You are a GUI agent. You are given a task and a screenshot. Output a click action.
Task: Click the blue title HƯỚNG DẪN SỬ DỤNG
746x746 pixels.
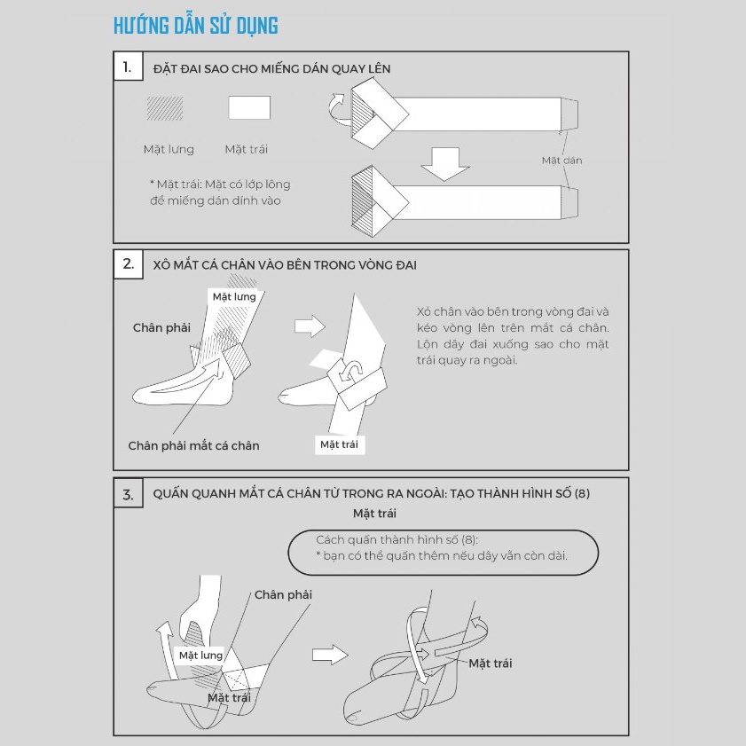pyautogui.click(x=195, y=26)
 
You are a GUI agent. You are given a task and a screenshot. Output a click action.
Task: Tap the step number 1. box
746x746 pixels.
pyautogui.click(x=128, y=67)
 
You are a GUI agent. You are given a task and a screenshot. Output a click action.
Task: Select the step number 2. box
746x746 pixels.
pyautogui.click(x=128, y=263)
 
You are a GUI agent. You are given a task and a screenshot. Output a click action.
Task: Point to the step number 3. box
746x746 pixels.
pyautogui.click(x=128, y=493)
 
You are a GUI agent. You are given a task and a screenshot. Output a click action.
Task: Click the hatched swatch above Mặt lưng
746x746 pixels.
pyautogui.click(x=165, y=108)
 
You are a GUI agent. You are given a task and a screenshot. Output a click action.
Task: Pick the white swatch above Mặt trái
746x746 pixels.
pyautogui.click(x=249, y=107)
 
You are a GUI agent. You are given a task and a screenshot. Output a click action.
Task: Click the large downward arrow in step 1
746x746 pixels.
pyautogui.click(x=445, y=164)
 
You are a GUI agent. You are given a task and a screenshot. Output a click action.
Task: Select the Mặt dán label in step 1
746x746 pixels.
pyautogui.click(x=561, y=161)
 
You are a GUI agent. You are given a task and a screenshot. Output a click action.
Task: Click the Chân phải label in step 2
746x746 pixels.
pyautogui.click(x=161, y=328)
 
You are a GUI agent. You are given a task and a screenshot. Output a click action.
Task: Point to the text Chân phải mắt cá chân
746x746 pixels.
pyautogui.click(x=193, y=446)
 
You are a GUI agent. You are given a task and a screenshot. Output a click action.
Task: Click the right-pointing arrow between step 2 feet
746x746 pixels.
pyautogui.click(x=310, y=326)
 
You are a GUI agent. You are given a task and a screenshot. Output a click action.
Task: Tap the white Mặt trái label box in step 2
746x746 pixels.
pyautogui.click(x=339, y=444)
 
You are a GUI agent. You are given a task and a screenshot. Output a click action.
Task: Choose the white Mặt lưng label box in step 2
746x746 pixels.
pyautogui.click(x=234, y=297)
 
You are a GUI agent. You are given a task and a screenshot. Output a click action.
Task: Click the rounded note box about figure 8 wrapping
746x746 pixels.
pyautogui.click(x=443, y=553)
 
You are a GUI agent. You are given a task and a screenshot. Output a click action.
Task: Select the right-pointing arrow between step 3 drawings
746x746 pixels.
pyautogui.click(x=330, y=655)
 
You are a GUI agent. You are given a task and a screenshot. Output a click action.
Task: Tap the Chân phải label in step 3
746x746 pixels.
pyautogui.click(x=283, y=594)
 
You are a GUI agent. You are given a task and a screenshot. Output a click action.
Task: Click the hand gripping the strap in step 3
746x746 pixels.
pyautogui.click(x=200, y=613)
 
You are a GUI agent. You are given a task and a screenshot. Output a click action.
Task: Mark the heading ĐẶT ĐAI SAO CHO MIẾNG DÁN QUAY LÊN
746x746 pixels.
pyautogui.click(x=271, y=69)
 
